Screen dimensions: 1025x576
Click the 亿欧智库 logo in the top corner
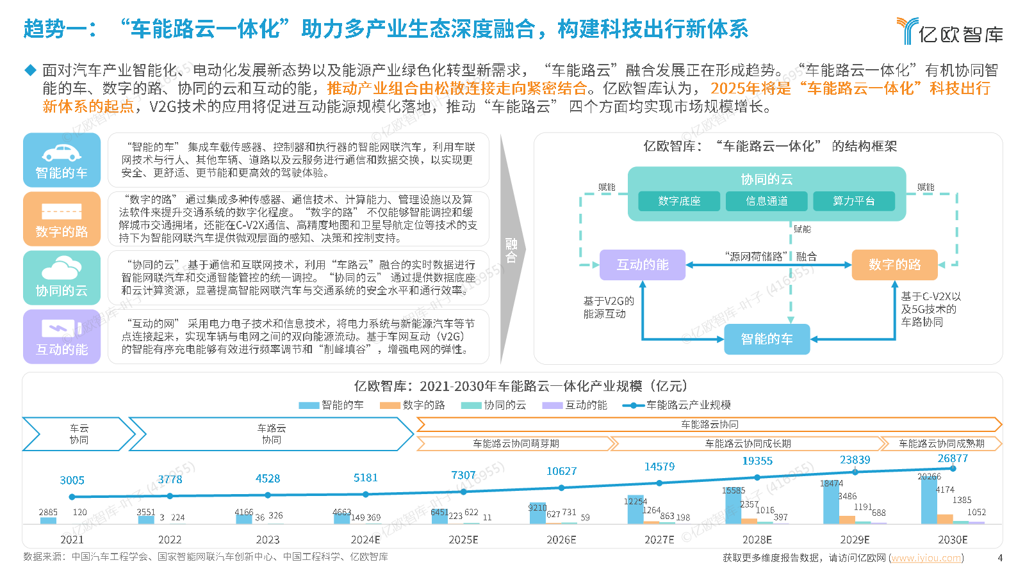(x=949, y=31)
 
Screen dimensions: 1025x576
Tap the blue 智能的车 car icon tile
(x=61, y=160)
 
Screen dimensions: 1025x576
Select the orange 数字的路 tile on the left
(x=61, y=219)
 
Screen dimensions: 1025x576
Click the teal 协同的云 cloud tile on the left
(x=61, y=278)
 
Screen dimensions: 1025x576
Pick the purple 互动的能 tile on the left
(x=61, y=337)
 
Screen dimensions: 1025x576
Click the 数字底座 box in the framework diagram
(x=679, y=201)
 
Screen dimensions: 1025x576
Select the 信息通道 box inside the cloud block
(x=766, y=201)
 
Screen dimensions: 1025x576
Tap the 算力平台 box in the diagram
(x=854, y=201)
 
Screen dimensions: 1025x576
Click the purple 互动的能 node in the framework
(x=643, y=265)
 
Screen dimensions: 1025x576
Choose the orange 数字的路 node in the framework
(x=894, y=265)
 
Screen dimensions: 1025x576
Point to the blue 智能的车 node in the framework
(x=767, y=339)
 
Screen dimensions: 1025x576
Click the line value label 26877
(x=953, y=458)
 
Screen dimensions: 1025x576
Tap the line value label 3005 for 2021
(x=72, y=481)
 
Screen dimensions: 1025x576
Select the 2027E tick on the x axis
(x=659, y=540)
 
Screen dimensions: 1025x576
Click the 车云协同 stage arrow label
(x=79, y=434)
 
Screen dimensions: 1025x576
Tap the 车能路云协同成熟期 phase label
(x=941, y=444)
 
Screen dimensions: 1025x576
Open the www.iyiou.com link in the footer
(x=926, y=557)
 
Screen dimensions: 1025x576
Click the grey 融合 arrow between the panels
(x=512, y=250)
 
